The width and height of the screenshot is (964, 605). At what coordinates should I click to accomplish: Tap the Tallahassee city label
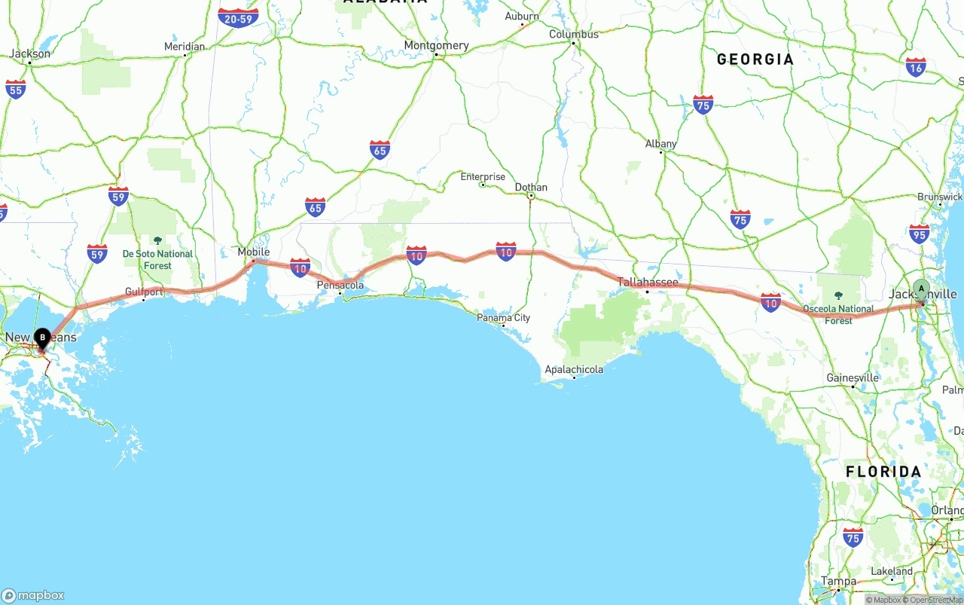[648, 283]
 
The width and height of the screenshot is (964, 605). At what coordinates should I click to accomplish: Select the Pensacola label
[340, 285]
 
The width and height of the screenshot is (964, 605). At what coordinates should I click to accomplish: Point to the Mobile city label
[254, 252]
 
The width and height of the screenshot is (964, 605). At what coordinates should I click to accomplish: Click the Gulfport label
[145, 292]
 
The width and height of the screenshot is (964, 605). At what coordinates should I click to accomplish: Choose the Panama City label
[503, 317]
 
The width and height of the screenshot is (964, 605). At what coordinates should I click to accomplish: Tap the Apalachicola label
[574, 369]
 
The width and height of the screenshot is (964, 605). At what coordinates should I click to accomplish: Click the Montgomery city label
[436, 45]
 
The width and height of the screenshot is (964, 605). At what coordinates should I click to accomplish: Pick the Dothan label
[531, 187]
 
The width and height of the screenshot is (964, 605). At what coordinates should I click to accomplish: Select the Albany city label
[661, 144]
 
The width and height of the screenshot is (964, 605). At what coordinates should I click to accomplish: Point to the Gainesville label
[853, 377]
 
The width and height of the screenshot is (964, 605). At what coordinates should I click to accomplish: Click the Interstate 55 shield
[15, 89]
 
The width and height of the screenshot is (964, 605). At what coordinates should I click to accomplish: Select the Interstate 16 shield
[916, 67]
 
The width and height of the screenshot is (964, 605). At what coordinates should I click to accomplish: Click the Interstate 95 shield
[919, 234]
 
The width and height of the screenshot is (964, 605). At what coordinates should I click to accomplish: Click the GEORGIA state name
[755, 60]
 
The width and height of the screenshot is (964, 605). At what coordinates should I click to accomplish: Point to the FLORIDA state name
[883, 472]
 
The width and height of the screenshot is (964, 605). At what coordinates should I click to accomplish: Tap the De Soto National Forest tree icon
[157, 240]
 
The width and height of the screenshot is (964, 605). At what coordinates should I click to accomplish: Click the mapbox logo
[33, 595]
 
